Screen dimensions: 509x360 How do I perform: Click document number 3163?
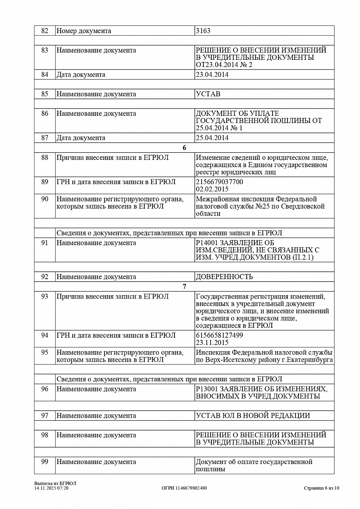[203, 31]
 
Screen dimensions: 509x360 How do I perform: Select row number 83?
[45, 50]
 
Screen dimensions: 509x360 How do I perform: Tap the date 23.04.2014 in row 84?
[212, 75]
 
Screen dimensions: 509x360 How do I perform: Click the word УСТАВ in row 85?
[208, 94]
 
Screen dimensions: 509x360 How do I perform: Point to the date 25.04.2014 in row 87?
[212, 138]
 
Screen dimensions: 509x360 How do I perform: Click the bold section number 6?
[184, 148]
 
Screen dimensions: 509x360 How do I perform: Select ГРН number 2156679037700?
[219, 182]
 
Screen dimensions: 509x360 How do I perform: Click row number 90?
[45, 199]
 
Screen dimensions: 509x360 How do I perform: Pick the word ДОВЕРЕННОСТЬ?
[224, 277]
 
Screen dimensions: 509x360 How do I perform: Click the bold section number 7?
[184, 287]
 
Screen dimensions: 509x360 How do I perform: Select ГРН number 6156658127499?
[219, 335]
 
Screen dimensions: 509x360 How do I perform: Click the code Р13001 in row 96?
[206, 389]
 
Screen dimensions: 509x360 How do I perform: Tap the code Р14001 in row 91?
[206, 243]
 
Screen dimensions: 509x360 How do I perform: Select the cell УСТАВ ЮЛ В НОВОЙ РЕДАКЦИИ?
[253, 416]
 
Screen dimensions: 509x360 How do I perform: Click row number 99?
[45, 462]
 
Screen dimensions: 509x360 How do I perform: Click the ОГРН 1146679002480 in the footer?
[184, 488]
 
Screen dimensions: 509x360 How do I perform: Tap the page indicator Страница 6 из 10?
[321, 488]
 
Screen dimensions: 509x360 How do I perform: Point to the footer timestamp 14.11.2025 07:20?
[51, 488]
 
